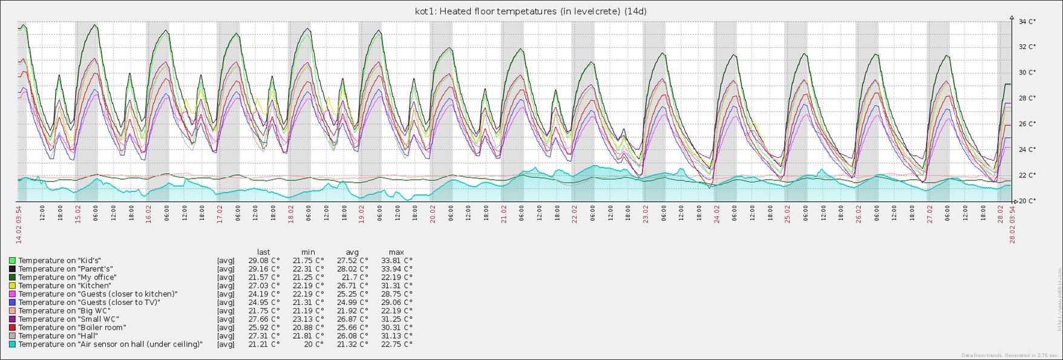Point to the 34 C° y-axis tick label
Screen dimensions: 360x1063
tap(1027, 22)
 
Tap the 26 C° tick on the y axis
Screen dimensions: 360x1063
tap(1027, 124)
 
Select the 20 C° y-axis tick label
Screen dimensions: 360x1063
tap(1027, 201)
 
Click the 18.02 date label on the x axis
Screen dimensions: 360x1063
tap(290, 214)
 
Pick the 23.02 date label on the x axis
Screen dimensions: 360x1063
tap(646, 214)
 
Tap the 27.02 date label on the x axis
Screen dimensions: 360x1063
tap(930, 214)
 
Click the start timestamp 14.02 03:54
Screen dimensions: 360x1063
tap(19, 224)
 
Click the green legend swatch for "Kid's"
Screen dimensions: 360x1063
tap(12, 260)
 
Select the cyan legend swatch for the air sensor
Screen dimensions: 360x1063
tap(12, 344)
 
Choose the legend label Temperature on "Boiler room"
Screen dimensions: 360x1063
tap(72, 327)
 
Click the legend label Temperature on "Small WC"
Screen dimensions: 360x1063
tap(68, 319)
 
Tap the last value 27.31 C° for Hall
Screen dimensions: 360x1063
tap(264, 336)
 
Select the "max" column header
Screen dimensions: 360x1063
tap(396, 252)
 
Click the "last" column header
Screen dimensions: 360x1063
tap(264, 252)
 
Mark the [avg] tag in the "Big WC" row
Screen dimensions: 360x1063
tap(226, 310)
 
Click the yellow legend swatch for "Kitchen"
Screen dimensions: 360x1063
tap(12, 286)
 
